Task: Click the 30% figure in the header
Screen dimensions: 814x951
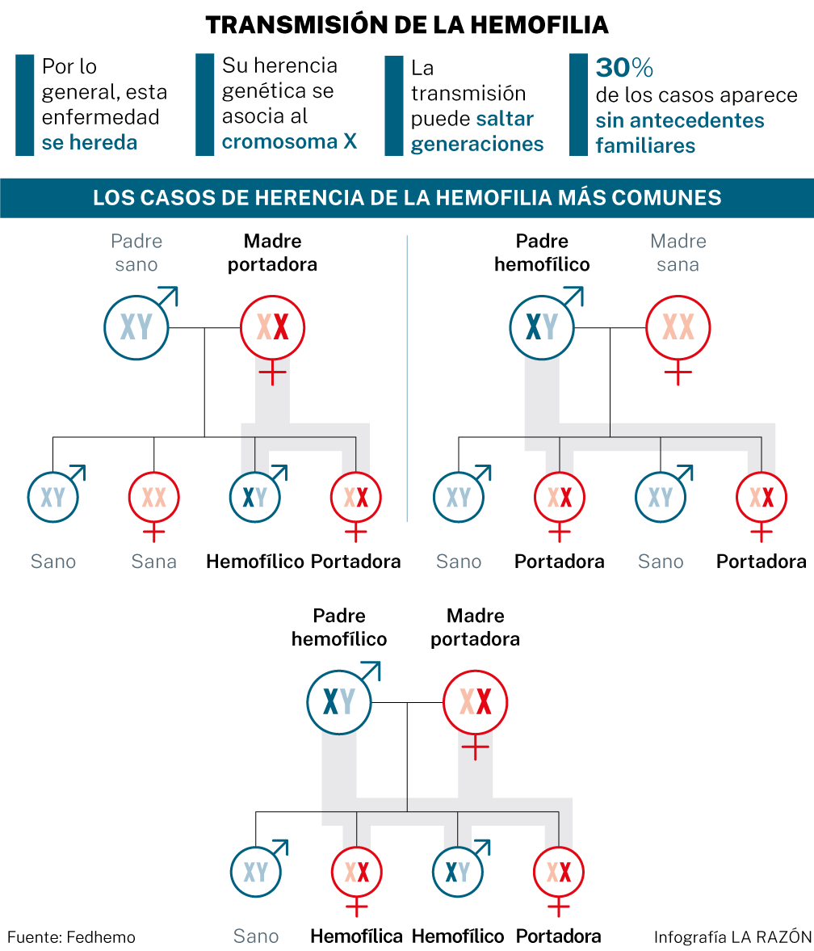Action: point(624,67)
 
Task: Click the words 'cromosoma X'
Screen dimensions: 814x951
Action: point(289,141)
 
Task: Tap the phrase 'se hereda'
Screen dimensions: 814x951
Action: point(89,142)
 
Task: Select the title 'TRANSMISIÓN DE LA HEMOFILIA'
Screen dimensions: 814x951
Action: point(407,25)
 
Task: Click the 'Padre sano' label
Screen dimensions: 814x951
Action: point(136,252)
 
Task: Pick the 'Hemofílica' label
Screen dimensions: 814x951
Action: point(356,936)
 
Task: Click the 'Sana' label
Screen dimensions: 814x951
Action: point(154,562)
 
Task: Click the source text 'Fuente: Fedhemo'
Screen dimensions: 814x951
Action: point(72,937)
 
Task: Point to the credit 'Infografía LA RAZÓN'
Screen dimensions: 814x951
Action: point(732,937)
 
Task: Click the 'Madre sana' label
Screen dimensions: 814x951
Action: point(678,252)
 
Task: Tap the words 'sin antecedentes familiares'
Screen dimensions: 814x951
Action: point(680,133)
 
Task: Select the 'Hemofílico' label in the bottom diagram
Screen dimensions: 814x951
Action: point(458,936)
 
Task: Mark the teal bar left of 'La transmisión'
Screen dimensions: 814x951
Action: point(394,106)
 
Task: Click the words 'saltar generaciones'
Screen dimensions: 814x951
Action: point(477,131)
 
